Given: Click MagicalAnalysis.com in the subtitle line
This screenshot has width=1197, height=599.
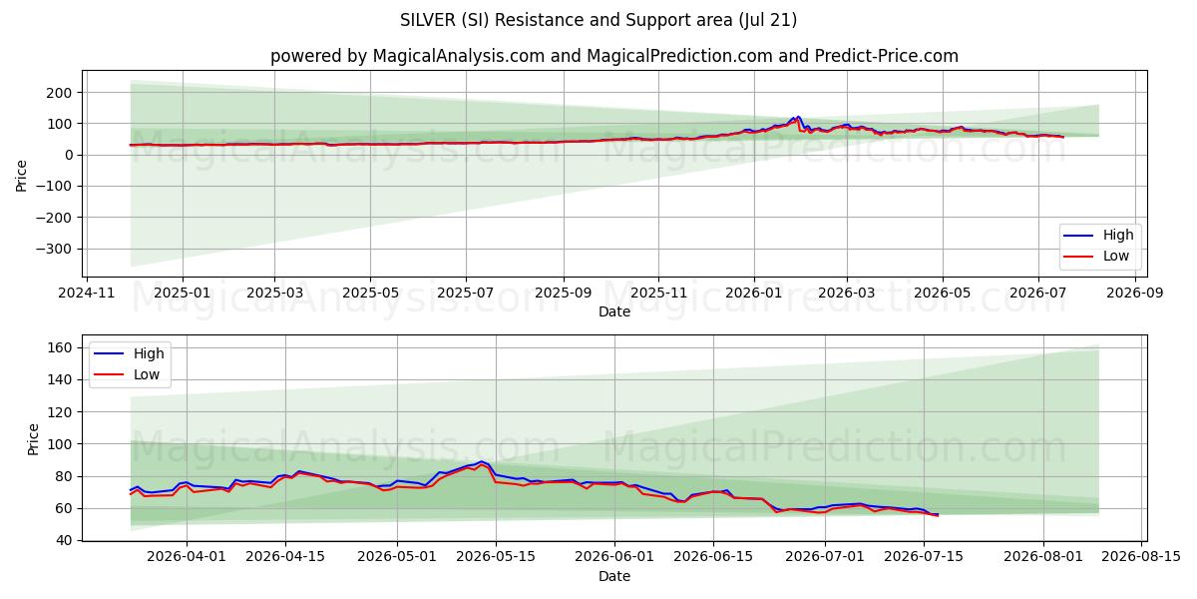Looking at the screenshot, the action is coord(459,56).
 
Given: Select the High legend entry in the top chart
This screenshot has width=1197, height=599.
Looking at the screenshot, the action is coord(1101,235).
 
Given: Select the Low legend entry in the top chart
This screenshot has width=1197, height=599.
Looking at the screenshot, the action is coord(1097,257).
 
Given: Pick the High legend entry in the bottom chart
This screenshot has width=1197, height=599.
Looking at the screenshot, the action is coord(129,353).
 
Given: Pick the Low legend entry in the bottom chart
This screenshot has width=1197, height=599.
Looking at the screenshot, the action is coord(127,375).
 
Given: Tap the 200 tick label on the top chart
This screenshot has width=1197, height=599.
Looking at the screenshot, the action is coord(59,93).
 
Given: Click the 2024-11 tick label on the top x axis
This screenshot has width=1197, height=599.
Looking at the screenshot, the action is coord(86,294).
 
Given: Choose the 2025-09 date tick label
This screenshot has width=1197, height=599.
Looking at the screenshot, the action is coord(564,294).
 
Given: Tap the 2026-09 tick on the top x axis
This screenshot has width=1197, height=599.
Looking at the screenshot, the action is coord(1134,294).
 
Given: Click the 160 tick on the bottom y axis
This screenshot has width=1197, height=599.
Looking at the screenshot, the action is coord(59,348).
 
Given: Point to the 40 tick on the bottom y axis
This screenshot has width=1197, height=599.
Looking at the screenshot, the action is coord(64,541).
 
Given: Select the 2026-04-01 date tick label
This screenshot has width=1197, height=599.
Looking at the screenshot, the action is coord(187,557).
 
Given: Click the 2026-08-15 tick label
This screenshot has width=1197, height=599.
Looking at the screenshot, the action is coord(1141,557).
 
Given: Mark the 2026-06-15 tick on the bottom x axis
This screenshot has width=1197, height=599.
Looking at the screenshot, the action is coord(713,557).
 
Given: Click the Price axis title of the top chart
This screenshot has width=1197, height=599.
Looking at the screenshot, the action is coord(21,176).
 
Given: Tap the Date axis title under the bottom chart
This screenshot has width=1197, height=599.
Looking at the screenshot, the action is coord(614,577).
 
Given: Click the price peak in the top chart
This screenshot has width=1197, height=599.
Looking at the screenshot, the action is coord(797,117).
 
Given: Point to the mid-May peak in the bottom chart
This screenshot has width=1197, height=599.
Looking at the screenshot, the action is coord(482,461).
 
